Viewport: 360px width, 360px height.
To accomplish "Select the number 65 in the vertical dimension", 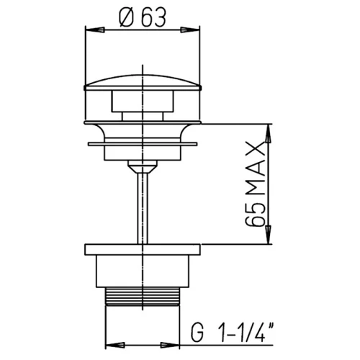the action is [256, 215].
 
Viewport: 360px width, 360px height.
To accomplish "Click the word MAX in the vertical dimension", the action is [256, 169].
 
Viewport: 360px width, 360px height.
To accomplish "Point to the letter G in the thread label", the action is [197, 333].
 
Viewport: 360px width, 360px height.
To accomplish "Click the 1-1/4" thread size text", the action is [246, 333].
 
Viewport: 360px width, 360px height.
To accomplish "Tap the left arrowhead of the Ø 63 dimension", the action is [95, 30].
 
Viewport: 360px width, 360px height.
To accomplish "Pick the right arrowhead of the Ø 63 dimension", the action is [190, 30].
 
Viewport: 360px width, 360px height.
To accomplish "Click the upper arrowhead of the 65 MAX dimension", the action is [268, 133].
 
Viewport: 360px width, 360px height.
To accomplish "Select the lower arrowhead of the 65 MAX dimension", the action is [268, 235].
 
